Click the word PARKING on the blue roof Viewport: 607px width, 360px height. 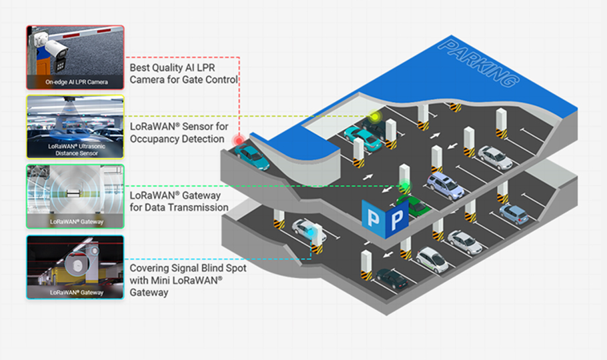tap(480, 63)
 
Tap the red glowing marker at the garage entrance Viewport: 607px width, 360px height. tap(237, 141)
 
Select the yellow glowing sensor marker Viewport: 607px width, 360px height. tap(375, 117)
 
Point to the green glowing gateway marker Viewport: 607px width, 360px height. tap(404, 186)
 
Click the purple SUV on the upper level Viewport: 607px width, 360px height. tap(446, 186)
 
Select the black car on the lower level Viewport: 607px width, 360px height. tap(392, 279)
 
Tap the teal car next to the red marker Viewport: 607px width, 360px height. tap(251, 157)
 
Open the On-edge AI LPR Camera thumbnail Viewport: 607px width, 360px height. tap(75, 57)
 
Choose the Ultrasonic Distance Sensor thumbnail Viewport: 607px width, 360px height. tap(75, 127)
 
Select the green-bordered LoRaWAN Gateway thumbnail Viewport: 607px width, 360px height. tap(75, 197)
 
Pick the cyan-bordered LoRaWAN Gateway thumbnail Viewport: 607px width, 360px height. tap(75, 267)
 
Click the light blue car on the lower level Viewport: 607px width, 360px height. tap(514, 213)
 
